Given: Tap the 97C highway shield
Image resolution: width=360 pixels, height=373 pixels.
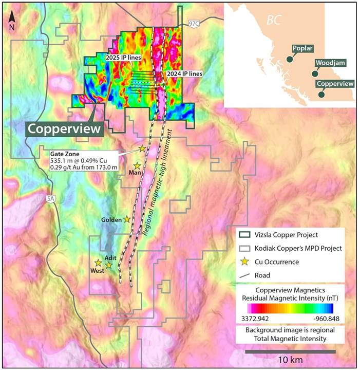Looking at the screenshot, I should pos(194,24).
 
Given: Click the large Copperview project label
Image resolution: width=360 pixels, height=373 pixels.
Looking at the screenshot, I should pos(64,129).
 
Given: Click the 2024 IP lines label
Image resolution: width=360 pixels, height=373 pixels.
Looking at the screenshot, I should pos(184,74).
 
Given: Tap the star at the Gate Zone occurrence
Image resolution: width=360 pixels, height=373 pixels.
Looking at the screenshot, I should pos(142,148).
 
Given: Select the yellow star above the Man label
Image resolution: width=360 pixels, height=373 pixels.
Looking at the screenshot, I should pos(137,166).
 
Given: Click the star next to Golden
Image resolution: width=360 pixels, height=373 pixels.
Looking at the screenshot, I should pos(126,219).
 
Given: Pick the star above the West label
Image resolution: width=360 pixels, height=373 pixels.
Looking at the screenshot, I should pos(98,263).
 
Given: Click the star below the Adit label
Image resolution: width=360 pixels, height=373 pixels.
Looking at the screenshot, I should pos(109,265).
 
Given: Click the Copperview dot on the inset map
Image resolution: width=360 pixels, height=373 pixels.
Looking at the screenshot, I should pos(321,94).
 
